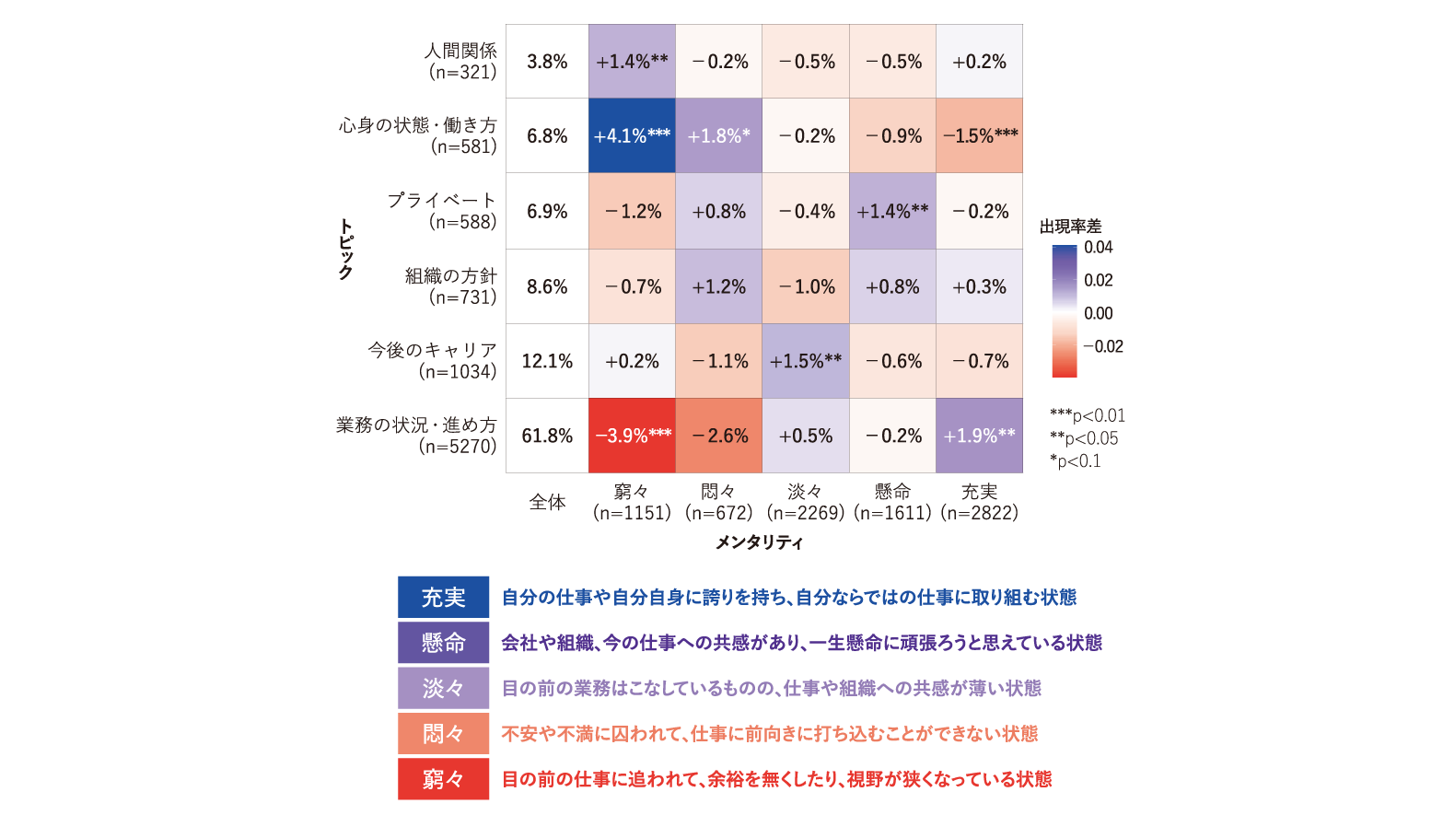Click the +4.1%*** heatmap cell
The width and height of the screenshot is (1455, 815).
click(632, 135)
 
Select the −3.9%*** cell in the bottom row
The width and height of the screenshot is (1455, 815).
click(632, 436)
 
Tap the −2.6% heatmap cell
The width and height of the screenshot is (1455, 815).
click(718, 436)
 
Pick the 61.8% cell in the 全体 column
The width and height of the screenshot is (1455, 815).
click(547, 436)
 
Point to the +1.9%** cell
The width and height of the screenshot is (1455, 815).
click(979, 436)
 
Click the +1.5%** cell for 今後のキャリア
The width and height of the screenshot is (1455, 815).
click(805, 361)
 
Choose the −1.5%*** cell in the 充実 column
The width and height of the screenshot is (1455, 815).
click(979, 135)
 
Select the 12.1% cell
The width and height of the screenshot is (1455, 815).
click(547, 361)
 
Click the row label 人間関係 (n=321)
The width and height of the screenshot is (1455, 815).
click(461, 61)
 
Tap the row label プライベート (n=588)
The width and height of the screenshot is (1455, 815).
click(442, 211)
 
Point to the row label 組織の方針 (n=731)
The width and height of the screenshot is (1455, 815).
click(450, 286)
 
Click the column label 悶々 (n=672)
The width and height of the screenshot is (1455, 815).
click(718, 502)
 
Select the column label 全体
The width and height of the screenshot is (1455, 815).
click(547, 502)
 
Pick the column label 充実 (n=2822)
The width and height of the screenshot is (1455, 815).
click(979, 502)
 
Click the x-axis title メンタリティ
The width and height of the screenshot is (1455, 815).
click(759, 542)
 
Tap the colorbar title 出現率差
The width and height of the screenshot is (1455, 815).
click(1070, 227)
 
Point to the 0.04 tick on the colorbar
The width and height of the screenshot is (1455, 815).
click(1098, 247)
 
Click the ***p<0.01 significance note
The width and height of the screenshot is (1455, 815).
click(1088, 415)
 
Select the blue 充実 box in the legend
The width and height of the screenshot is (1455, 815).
click(443, 597)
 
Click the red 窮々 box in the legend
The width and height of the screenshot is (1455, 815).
click(443, 779)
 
